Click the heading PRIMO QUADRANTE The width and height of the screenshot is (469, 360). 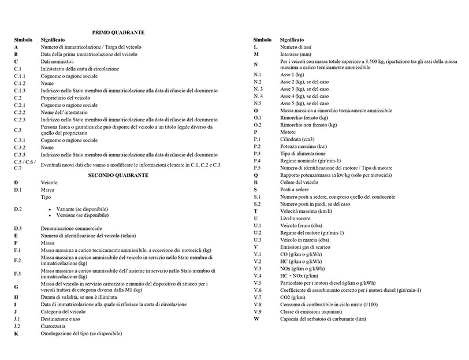(118, 33)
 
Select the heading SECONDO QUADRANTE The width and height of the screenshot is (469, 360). (118, 175)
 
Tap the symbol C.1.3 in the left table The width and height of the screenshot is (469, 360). (20, 91)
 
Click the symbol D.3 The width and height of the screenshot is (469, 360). (18, 229)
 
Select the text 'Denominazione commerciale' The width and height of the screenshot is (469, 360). (70, 229)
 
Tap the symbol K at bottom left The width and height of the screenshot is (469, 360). (16, 333)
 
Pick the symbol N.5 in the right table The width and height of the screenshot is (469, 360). (258, 103)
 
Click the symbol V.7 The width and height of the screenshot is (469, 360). (258, 297)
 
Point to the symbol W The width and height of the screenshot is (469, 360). (256, 318)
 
